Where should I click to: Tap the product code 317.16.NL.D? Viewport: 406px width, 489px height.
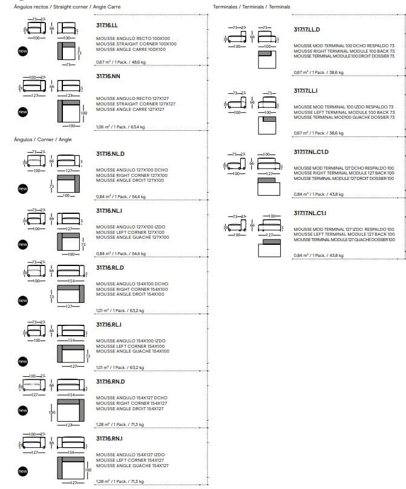point(110,153)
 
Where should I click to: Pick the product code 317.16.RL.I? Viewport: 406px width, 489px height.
point(109,325)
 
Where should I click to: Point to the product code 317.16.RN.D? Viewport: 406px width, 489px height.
point(110,382)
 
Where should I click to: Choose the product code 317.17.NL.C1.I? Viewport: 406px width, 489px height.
point(310,213)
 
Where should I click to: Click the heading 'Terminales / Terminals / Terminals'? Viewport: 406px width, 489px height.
point(252,7)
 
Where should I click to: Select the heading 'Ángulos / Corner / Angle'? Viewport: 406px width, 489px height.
point(42,139)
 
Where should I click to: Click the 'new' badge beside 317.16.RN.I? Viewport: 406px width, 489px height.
point(23,471)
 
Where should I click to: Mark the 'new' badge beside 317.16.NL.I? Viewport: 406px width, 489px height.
point(23,245)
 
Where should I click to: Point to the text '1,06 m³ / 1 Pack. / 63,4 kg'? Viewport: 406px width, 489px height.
point(120,127)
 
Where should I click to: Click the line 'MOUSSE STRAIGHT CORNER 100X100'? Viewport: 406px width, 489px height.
point(136,44)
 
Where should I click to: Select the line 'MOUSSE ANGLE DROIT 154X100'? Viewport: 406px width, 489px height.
point(129,294)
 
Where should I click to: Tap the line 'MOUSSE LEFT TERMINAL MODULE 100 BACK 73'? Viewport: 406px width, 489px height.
point(344,113)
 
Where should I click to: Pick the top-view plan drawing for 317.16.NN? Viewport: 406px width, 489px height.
point(71,113)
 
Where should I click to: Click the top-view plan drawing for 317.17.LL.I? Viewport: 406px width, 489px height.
point(267,125)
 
